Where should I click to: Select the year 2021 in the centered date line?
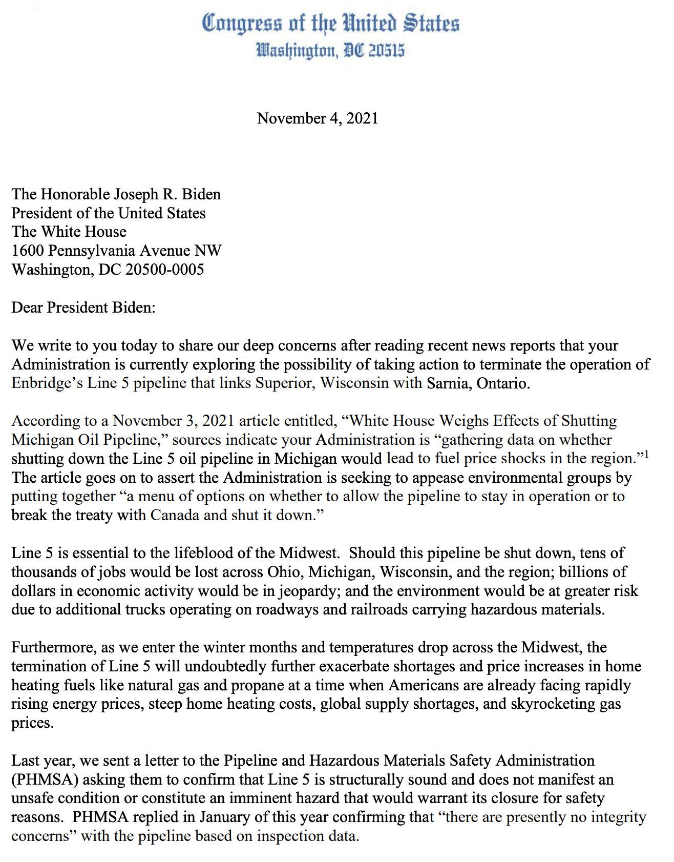362,118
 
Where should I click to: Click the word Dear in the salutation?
27,307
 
